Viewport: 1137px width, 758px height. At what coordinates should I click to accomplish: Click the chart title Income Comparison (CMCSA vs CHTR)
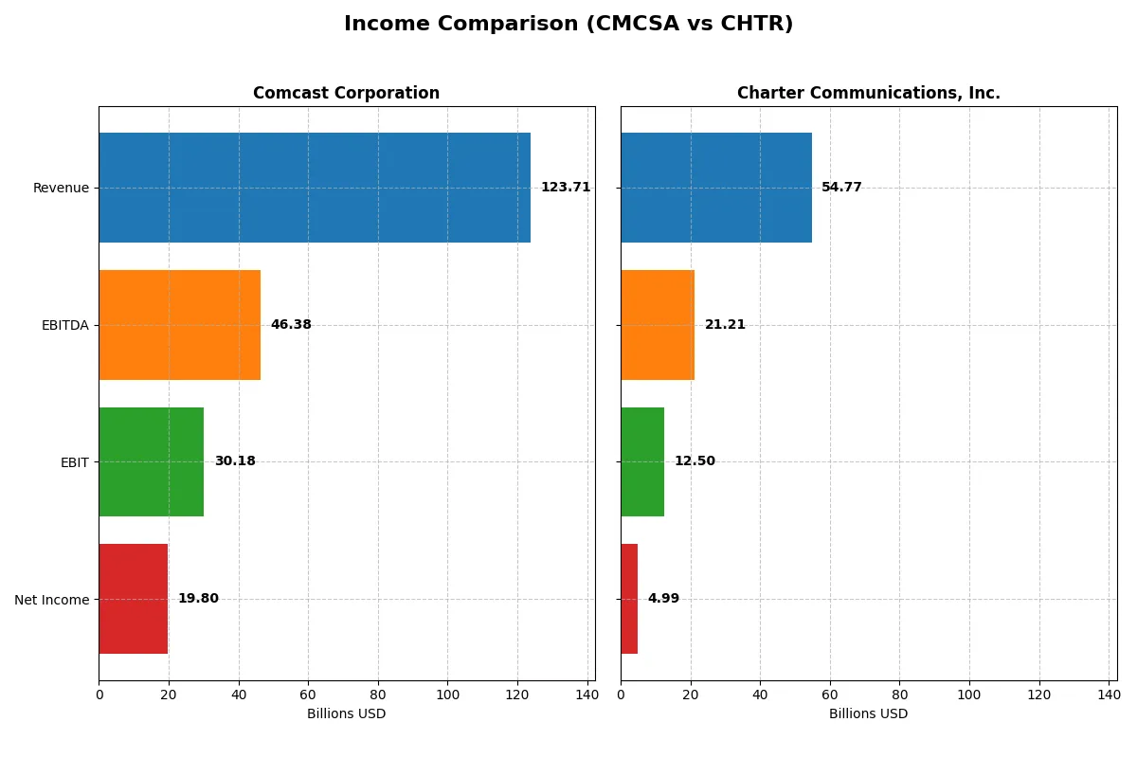click(x=568, y=25)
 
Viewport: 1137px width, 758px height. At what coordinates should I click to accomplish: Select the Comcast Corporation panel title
click(x=346, y=93)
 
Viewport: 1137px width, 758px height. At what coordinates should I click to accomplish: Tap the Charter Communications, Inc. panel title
click(x=868, y=93)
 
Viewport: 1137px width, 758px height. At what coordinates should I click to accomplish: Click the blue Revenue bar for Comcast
click(x=314, y=188)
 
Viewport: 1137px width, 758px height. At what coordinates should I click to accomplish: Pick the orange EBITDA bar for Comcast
click(x=179, y=325)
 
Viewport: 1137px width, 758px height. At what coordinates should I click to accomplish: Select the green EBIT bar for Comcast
click(x=151, y=461)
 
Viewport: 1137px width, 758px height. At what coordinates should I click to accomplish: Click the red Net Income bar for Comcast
click(x=133, y=599)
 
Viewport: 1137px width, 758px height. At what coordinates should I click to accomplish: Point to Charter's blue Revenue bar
click(x=715, y=188)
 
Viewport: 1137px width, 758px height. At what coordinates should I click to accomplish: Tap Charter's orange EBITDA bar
click(x=658, y=325)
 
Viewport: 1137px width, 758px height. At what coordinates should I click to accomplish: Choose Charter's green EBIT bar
click(x=642, y=461)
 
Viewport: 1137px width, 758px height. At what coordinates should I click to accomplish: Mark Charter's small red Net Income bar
click(x=629, y=599)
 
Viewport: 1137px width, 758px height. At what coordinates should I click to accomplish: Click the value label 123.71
click(x=566, y=188)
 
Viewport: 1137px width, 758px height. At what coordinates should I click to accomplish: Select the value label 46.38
click(x=291, y=325)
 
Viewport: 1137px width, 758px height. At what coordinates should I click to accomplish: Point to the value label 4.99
click(x=663, y=599)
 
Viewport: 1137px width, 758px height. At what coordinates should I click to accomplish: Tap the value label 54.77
click(x=841, y=188)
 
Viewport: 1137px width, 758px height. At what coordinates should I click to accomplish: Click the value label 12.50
click(x=695, y=461)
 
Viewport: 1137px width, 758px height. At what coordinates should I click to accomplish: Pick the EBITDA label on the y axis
click(x=65, y=325)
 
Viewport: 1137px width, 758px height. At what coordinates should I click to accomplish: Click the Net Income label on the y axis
click(x=52, y=599)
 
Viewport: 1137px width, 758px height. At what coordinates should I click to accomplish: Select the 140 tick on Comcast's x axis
click(x=587, y=695)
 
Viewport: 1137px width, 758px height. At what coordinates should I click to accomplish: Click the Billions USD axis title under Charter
click(x=868, y=713)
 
